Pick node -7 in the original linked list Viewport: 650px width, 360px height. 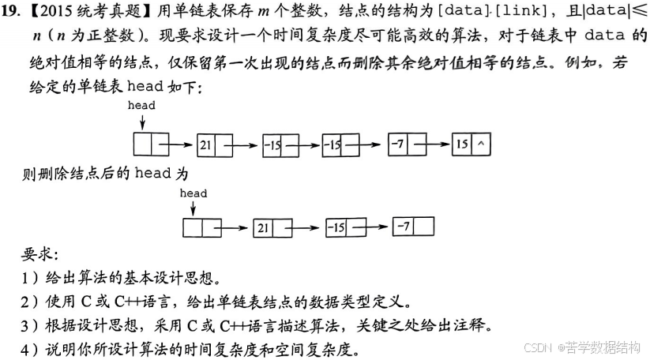pyautogui.click(x=399, y=145)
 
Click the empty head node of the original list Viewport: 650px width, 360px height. pyautogui.click(x=142, y=145)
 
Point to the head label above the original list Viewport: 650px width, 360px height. pyautogui.click(x=141, y=106)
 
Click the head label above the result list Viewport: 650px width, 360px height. pyautogui.click(x=193, y=193)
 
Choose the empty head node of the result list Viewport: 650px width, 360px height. pyautogui.click(x=194, y=228)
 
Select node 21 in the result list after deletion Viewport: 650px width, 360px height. pyautogui.click(x=263, y=228)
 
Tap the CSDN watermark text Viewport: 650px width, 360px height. pyautogui.click(x=537, y=347)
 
